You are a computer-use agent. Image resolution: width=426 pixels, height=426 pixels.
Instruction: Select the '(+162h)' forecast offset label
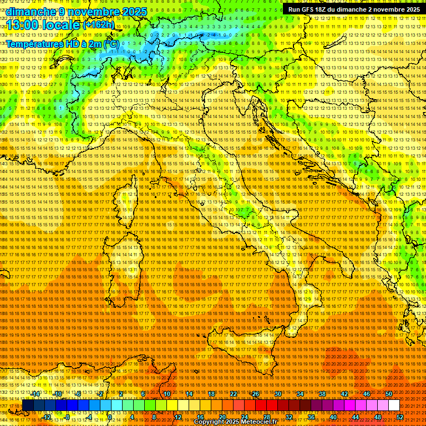pos(98,24)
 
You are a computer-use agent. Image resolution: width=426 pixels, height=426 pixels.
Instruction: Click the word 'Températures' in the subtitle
pos(34,44)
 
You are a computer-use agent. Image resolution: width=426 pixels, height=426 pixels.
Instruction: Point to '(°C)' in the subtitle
pos(110,44)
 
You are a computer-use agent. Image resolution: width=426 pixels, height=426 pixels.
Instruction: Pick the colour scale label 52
pos(400,417)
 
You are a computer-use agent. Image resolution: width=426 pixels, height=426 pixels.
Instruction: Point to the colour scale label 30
pos(278,393)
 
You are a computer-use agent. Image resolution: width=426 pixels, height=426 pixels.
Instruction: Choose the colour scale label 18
pos(211,393)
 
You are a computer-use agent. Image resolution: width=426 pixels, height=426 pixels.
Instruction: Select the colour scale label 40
pos(333,417)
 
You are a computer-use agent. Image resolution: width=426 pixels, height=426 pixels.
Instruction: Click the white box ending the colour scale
pos(394,405)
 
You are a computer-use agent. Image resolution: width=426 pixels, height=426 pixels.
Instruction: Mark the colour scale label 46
pos(366,393)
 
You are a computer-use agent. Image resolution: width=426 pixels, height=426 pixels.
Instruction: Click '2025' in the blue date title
pos(133,11)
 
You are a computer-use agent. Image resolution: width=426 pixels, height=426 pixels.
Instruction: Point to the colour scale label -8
pos(67,417)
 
